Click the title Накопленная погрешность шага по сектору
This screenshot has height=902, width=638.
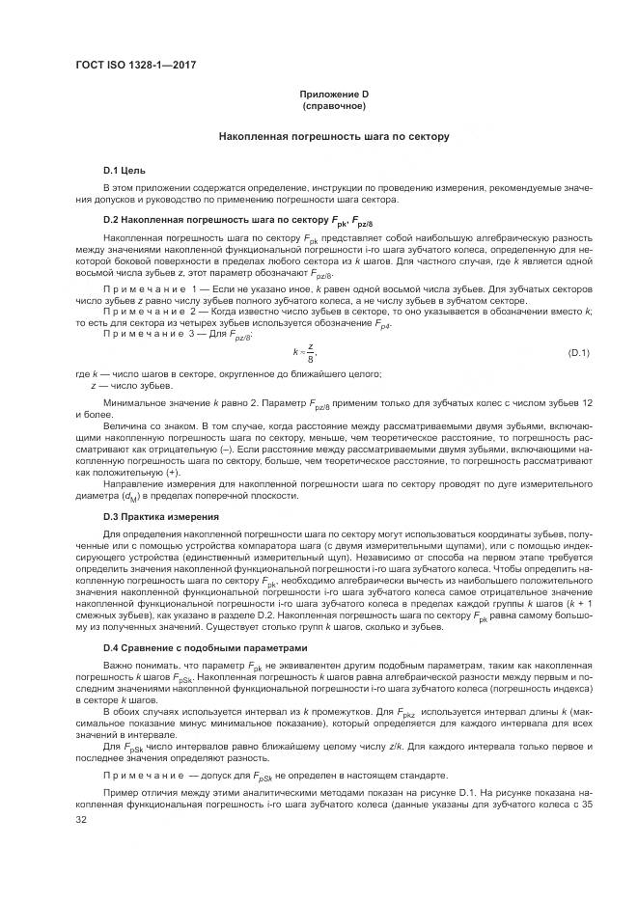[333, 137]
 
